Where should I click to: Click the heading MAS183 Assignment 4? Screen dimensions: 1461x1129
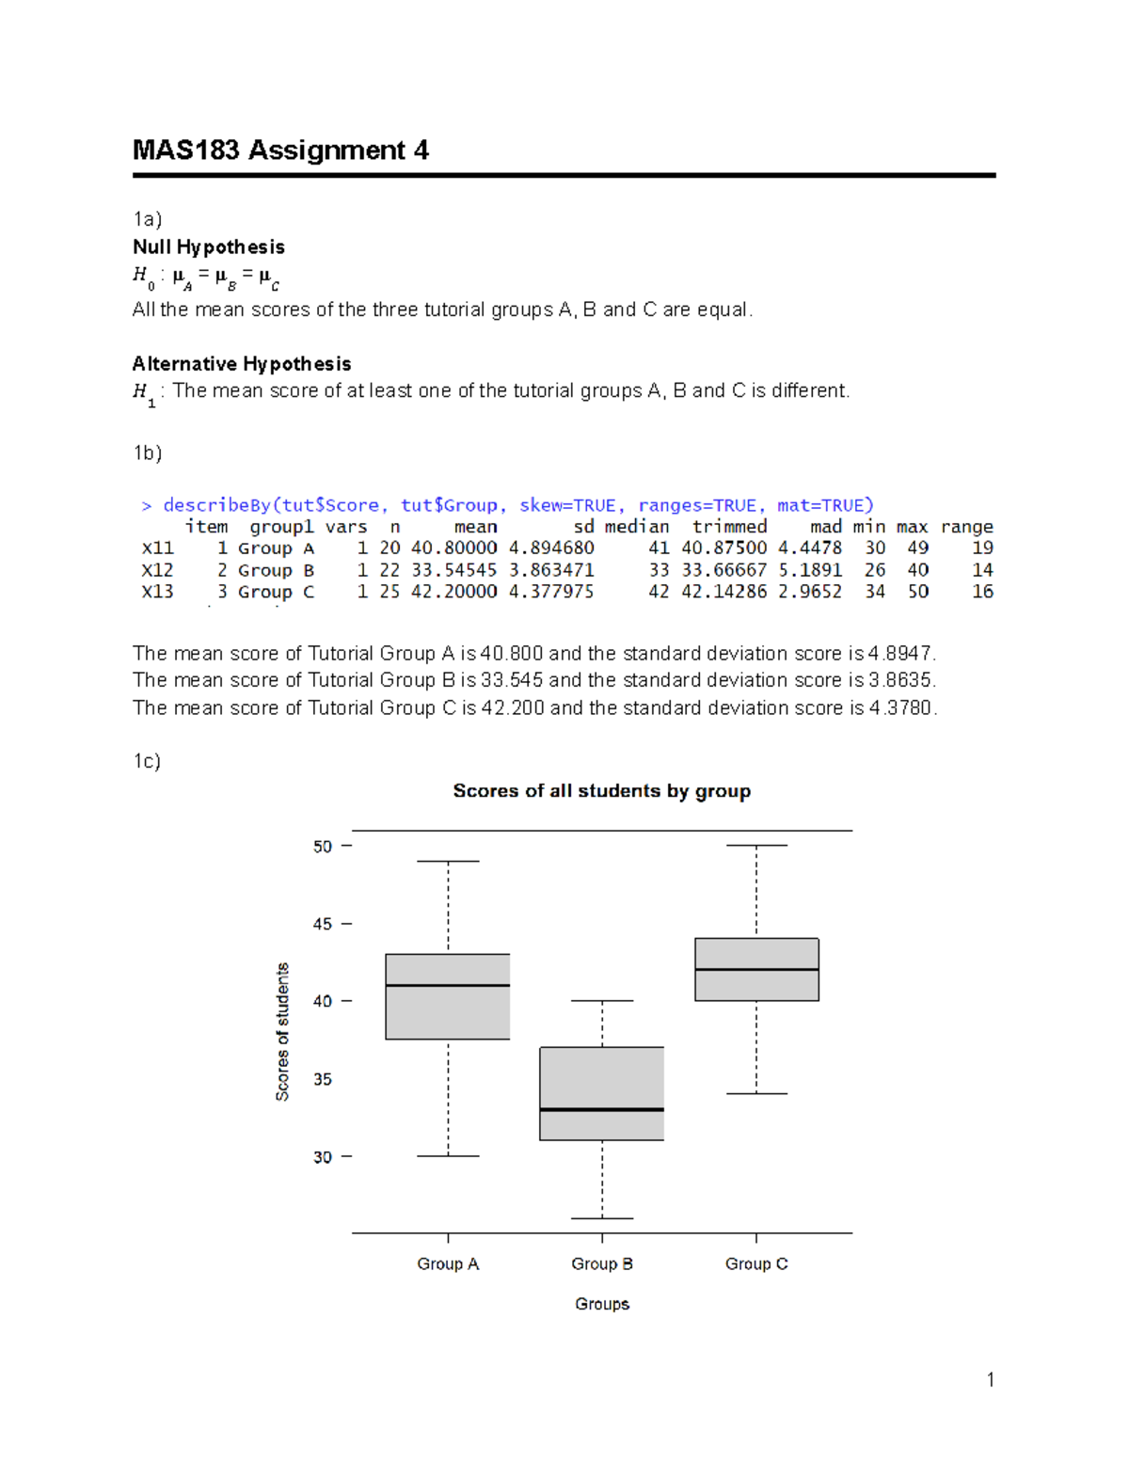(280, 151)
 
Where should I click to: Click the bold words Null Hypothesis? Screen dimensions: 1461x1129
(209, 247)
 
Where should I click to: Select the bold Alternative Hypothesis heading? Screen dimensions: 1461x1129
(242, 364)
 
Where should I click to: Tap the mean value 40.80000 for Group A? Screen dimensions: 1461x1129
(453, 548)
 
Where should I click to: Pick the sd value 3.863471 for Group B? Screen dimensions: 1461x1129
(551, 570)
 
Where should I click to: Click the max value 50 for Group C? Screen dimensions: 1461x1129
(917, 592)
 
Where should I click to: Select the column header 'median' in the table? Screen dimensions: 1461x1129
(637, 527)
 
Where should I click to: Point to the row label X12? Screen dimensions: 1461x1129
(157, 570)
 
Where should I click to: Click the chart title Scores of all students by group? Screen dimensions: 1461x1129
(601, 791)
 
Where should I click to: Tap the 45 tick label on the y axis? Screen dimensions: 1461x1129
(323, 925)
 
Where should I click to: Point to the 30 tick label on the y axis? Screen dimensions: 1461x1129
(323, 1157)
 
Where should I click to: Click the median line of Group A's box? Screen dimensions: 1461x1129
(448, 985)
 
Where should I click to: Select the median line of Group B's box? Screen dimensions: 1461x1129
(602, 1110)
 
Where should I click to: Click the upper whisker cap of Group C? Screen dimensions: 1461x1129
(756, 846)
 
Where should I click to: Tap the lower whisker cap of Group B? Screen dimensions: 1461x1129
(602, 1218)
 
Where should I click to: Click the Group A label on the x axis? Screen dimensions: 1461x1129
(448, 1263)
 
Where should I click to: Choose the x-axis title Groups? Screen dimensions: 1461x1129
(602, 1304)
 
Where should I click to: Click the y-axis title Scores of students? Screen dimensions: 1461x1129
(282, 1032)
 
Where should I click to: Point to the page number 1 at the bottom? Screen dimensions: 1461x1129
(990, 1380)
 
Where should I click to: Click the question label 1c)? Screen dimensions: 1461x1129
(147, 761)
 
